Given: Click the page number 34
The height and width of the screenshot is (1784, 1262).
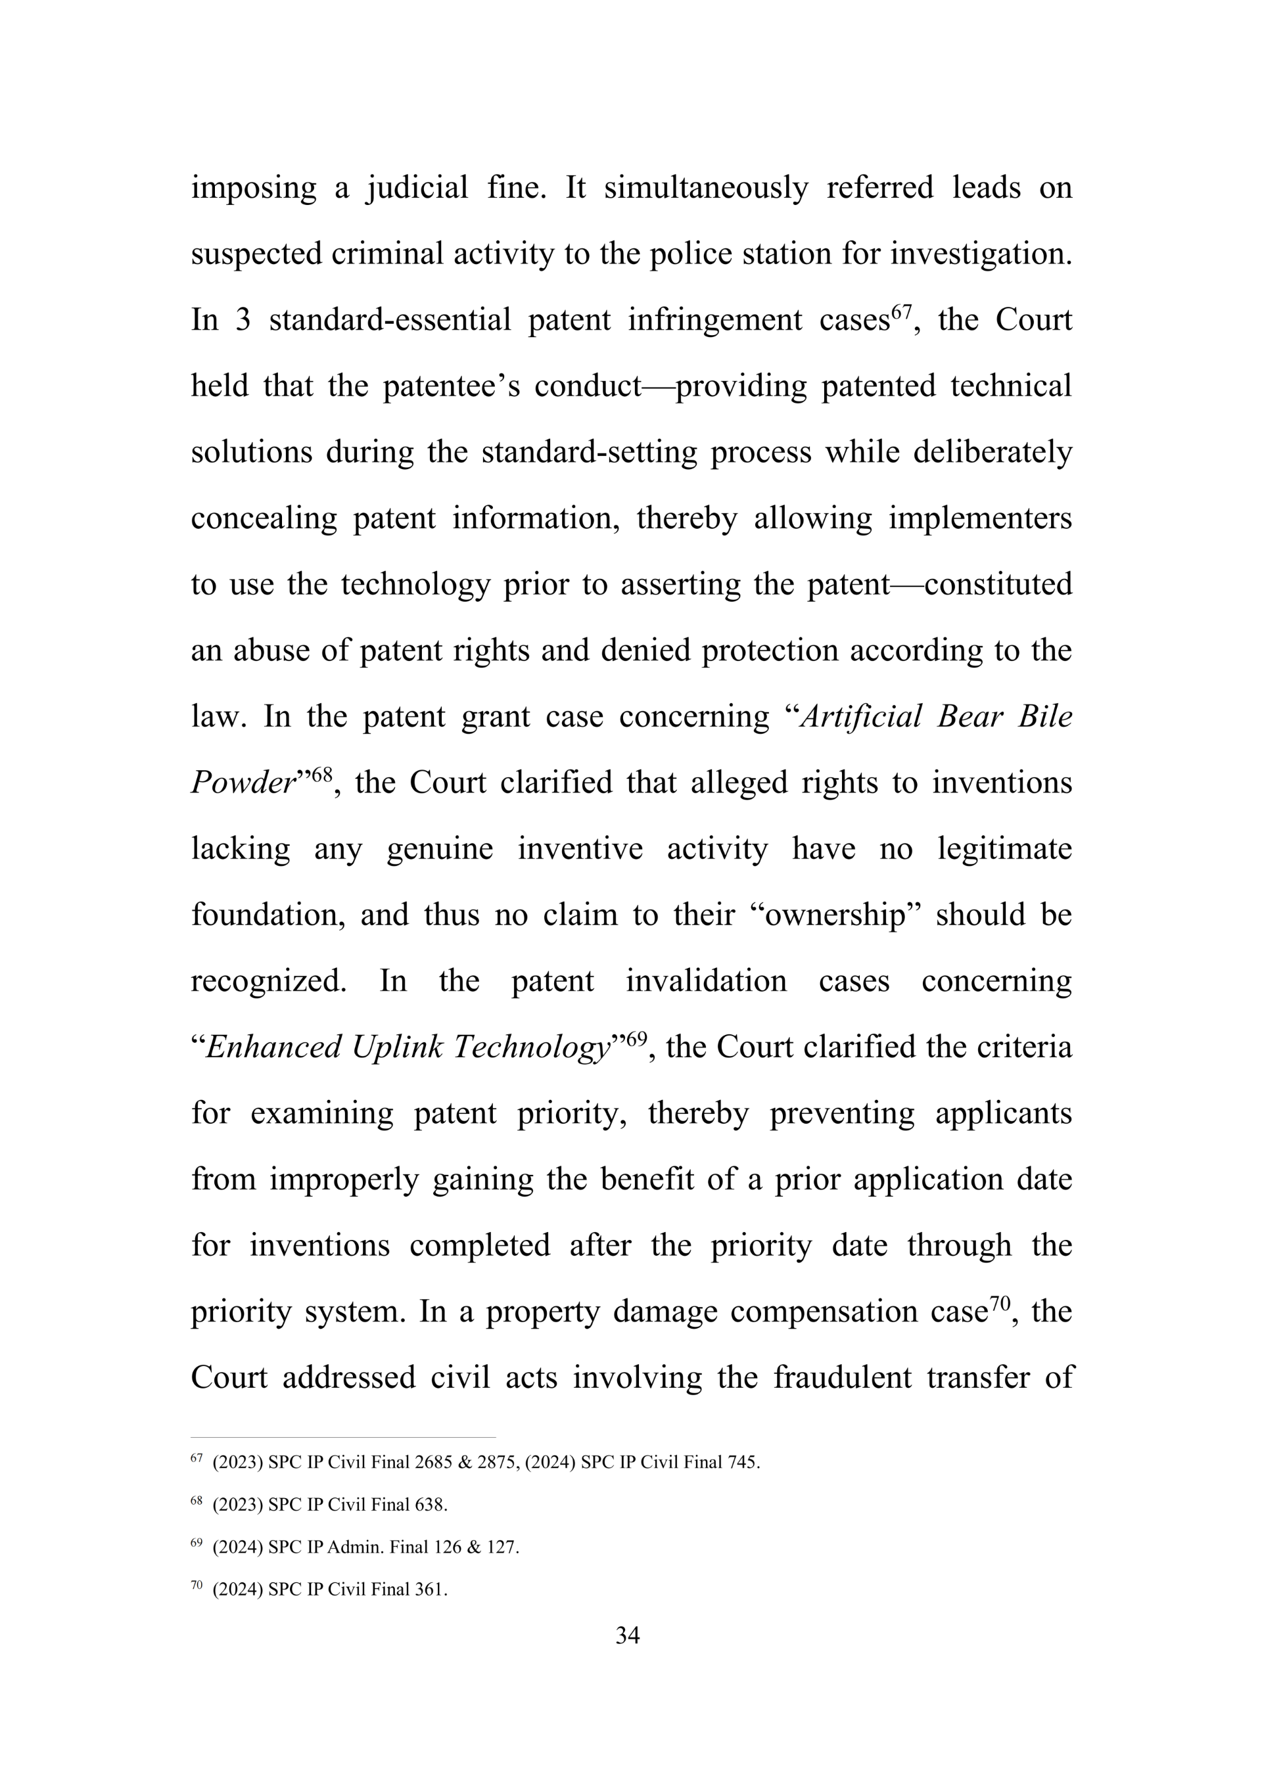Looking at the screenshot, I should pyautogui.click(x=627, y=1635).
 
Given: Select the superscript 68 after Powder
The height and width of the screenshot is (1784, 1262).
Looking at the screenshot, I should pyautogui.click(x=321, y=775).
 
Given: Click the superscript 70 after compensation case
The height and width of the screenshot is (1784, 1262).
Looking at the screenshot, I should pyautogui.click(x=998, y=1304).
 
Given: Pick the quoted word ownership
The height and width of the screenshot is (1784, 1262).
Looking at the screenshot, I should pyautogui.click(x=835, y=915).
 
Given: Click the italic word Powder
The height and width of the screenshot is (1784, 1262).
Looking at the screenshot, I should pyautogui.click(x=243, y=783).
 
